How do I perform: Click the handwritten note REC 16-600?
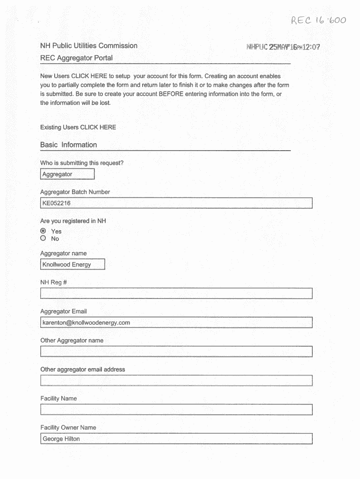318,21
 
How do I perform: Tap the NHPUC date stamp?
283,47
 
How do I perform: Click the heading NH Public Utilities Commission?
89,46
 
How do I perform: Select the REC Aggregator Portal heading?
76,58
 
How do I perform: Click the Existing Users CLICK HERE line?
78,127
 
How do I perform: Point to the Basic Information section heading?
69,145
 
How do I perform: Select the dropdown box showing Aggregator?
67,174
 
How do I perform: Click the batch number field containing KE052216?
176,203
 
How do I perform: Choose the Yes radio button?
43,231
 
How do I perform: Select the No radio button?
43,238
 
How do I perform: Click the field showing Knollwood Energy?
72,265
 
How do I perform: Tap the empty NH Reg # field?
176,294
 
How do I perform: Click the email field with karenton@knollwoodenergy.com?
176,323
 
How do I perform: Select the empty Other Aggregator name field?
176,352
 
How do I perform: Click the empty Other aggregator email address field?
176,381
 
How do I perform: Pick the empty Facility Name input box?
176,410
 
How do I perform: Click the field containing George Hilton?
176,439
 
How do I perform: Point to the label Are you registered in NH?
73,221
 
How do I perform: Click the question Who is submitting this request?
82,163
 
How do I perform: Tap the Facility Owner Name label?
68,428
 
